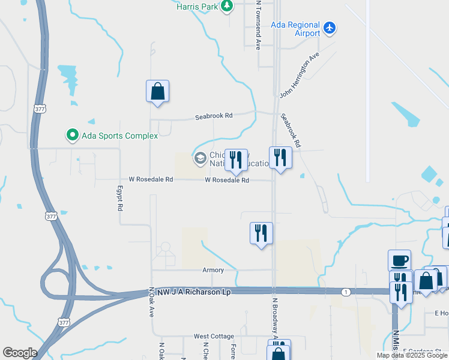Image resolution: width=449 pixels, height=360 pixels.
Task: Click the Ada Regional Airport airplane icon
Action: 329,28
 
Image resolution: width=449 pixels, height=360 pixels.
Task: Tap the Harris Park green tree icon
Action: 227,7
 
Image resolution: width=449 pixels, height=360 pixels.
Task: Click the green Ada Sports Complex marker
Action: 73,135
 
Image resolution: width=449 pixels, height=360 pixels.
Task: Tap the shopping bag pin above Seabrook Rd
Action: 157,92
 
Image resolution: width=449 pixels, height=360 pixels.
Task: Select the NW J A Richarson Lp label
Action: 194,292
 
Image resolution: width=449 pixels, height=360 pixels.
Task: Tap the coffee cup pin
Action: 399,261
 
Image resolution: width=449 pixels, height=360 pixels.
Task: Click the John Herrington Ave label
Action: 299,76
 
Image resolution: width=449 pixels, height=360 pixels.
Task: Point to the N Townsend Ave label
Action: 258,25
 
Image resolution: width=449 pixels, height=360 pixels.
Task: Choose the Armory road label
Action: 213,270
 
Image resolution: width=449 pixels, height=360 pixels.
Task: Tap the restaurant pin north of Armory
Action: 261,232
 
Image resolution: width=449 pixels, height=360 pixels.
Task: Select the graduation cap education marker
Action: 200,158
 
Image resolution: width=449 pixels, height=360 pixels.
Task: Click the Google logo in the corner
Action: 20,353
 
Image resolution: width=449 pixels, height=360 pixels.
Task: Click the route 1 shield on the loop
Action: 346,292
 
